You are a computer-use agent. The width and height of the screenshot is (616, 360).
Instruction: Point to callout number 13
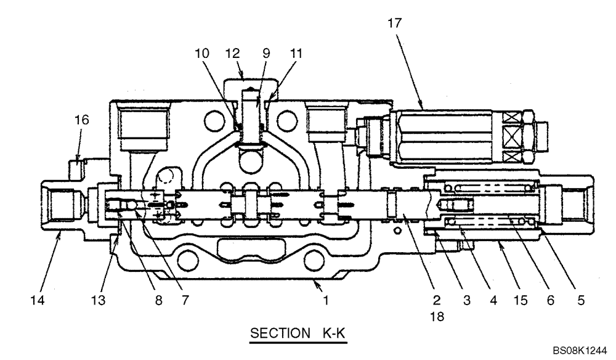(99, 301)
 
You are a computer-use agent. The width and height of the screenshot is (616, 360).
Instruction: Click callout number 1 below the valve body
(326, 301)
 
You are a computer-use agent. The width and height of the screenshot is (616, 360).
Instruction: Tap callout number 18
(436, 317)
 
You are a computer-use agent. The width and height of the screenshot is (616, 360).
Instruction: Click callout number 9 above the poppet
(267, 53)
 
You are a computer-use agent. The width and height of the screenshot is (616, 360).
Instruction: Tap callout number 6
(551, 301)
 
